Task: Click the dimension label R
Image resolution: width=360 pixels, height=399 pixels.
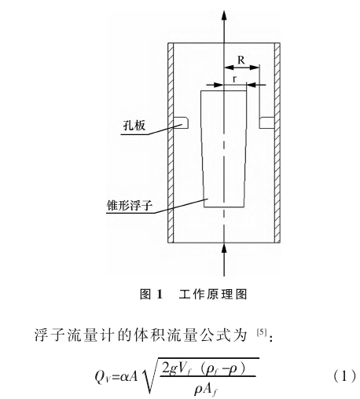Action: [x=241, y=60]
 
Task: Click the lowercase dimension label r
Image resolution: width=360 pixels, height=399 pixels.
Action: [x=235, y=79]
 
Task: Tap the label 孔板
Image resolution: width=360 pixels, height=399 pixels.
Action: [x=134, y=126]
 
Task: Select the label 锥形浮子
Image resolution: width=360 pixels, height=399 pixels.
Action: [x=129, y=205]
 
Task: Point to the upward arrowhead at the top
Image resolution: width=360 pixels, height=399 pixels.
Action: [x=224, y=15]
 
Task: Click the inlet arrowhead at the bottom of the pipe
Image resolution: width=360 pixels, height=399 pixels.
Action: [x=224, y=248]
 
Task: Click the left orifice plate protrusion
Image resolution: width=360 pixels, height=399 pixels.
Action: [x=181, y=123]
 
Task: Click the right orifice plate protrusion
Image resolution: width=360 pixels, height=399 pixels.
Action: [x=266, y=123]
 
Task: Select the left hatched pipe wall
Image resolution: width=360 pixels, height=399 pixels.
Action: [x=171, y=143]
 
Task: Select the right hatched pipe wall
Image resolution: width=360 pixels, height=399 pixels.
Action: [x=277, y=143]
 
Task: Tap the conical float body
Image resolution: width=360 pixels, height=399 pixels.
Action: [x=223, y=149]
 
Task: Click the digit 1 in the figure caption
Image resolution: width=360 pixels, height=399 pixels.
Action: [x=160, y=295]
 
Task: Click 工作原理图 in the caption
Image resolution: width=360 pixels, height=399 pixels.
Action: [x=213, y=295]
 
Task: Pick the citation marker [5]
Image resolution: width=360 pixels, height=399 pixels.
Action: [x=262, y=332]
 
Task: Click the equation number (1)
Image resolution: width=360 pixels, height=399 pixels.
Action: [x=345, y=377]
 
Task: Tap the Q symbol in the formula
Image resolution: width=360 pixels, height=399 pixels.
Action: [x=100, y=377]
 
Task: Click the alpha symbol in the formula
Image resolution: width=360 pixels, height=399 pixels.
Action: [x=125, y=377]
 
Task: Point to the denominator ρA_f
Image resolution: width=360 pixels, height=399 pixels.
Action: [x=206, y=389]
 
